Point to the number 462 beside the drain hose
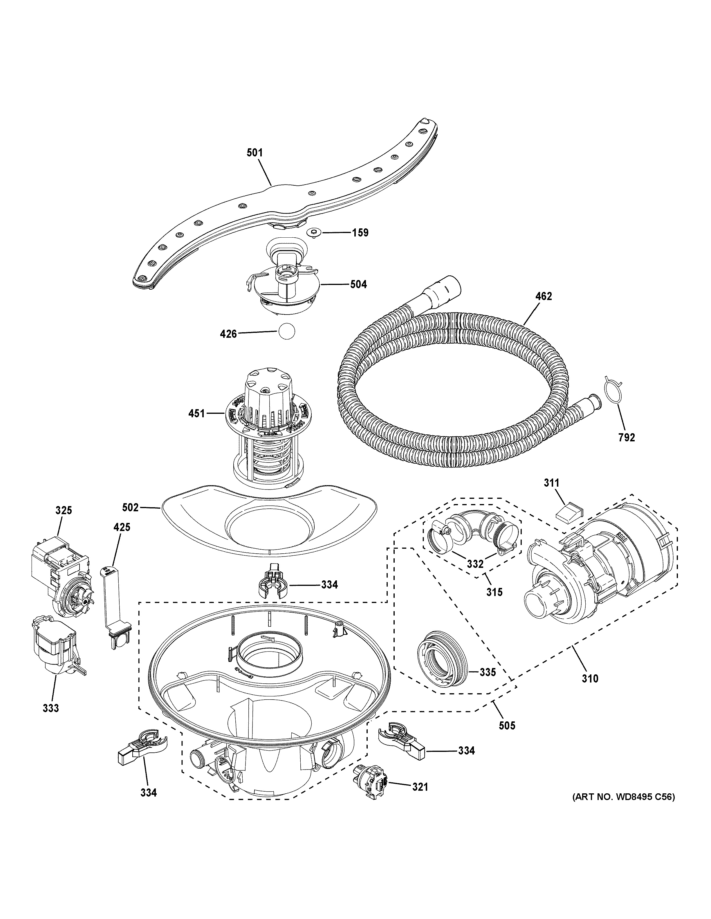[x=543, y=296]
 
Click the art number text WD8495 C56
[x=623, y=809]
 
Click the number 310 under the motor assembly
[x=590, y=678]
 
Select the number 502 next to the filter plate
[x=130, y=508]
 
